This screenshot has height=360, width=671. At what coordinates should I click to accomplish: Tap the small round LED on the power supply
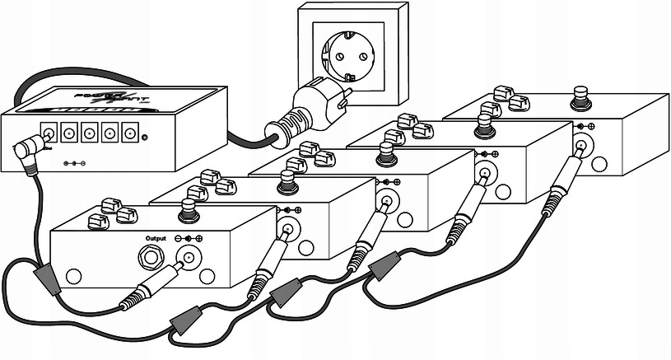[145, 137]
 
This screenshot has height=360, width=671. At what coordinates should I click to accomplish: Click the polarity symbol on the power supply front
[73, 163]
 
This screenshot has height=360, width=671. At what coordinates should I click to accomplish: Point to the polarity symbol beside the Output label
[189, 238]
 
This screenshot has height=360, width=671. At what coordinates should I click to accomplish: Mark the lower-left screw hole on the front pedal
[73, 276]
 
